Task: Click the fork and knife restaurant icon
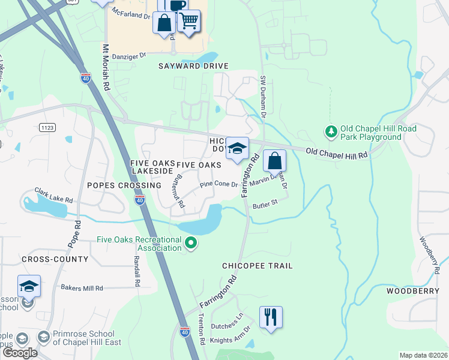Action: point(271,316)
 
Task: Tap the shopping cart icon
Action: point(189,21)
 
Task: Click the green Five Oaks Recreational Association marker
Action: point(191,243)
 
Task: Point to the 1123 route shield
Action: point(47,127)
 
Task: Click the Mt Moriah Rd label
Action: point(106,67)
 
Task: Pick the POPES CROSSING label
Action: point(117,185)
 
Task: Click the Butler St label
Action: point(265,203)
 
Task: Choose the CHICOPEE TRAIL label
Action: point(258,266)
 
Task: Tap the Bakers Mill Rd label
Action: point(82,288)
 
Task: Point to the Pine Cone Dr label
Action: point(219,185)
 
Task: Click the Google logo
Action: point(20,353)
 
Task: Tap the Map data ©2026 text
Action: point(423,355)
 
